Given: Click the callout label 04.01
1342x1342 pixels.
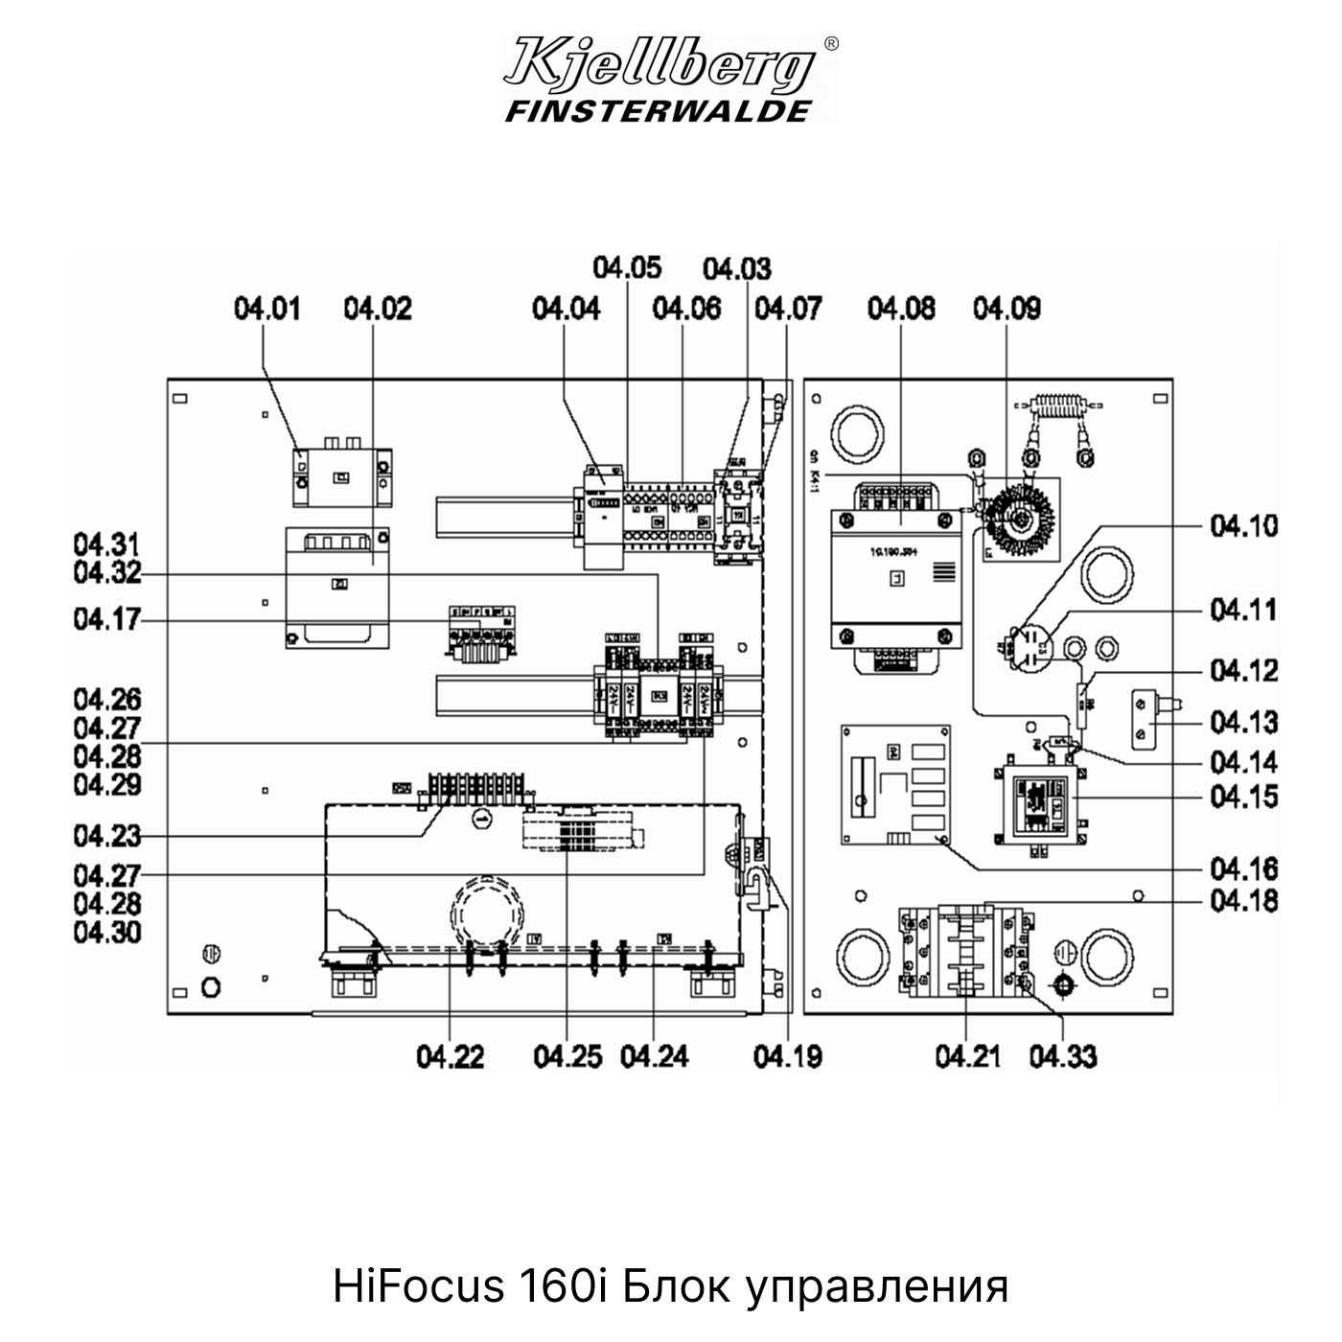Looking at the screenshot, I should [x=266, y=309].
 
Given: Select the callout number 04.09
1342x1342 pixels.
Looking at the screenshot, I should [x=1006, y=309].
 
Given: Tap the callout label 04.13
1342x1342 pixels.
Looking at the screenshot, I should [x=1243, y=722].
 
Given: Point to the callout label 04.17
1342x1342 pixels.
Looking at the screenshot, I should [x=106, y=619].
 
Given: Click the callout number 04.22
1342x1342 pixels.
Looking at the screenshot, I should [x=450, y=1056].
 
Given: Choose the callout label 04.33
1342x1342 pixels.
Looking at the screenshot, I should [x=1063, y=1056].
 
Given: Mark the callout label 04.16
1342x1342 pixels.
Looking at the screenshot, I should [x=1243, y=869].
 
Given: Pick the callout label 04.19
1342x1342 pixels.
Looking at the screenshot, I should [x=787, y=1056].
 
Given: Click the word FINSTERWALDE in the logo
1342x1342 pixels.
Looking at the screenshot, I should [x=658, y=111].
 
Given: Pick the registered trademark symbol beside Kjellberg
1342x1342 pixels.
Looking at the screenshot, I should [x=831, y=43].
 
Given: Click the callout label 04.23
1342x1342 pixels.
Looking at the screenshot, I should [x=106, y=836].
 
